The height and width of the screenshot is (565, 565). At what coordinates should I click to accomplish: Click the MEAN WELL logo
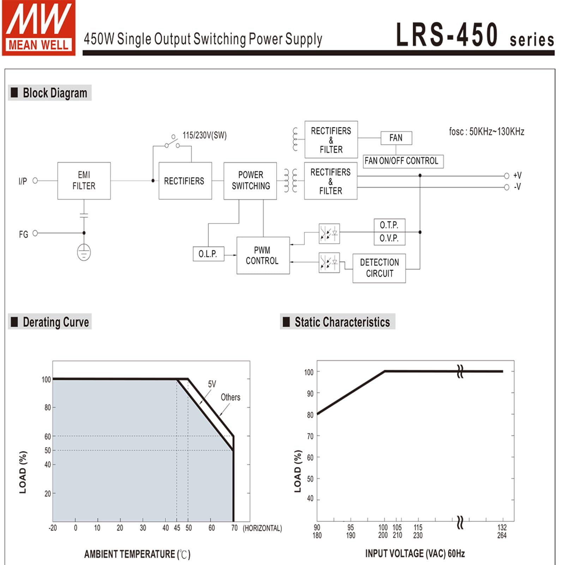[38, 28]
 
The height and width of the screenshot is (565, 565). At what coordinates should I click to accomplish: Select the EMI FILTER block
[84, 181]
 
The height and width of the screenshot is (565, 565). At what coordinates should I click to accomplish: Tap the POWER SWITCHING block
[250, 181]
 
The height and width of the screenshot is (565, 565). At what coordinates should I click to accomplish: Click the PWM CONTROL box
[263, 256]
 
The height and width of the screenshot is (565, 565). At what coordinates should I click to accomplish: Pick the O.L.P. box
[208, 254]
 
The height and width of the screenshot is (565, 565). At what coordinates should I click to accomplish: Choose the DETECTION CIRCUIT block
[379, 268]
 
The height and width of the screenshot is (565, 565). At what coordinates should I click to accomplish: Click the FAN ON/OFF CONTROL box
[403, 161]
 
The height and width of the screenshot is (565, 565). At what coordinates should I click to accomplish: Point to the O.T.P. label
[389, 225]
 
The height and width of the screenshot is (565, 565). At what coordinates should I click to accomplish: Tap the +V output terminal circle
[506, 176]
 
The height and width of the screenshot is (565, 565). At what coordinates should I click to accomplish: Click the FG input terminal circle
[35, 233]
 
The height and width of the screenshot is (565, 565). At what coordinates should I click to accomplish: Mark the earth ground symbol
[84, 252]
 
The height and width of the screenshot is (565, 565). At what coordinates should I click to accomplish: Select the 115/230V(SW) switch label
[204, 136]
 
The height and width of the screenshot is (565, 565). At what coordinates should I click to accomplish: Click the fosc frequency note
[486, 132]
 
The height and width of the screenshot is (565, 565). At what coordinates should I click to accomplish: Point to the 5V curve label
[212, 384]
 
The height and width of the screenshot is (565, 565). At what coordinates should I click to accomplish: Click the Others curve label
[230, 397]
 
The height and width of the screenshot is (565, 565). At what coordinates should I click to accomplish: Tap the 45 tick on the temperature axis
[177, 528]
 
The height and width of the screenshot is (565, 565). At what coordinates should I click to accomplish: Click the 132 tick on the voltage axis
[502, 528]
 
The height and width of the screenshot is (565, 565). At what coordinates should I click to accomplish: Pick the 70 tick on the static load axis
[310, 437]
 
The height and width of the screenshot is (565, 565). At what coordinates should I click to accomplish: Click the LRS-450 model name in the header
[447, 35]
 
